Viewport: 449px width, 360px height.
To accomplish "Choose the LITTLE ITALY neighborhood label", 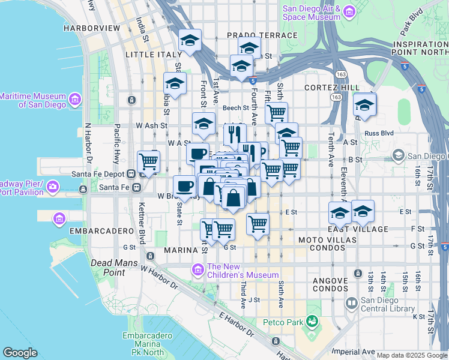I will (x=152, y=55).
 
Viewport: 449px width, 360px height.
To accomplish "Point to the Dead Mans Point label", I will (x=115, y=268).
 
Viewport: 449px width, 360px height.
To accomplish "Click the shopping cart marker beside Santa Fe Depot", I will (x=148, y=161).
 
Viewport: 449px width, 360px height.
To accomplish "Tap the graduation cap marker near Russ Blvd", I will (x=364, y=105).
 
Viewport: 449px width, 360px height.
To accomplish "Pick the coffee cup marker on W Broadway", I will (x=184, y=185).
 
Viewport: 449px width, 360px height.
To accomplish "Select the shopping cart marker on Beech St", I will (x=276, y=112).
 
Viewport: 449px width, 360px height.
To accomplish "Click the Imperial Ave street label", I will (x=357, y=352).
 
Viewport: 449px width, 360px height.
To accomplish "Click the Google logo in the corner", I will (x=20, y=353).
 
